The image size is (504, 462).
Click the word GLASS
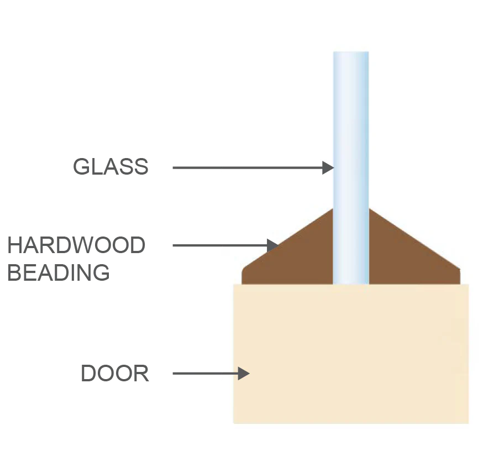pos(111,166)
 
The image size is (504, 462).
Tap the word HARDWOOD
pos(76,245)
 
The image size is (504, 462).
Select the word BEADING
pos(59,272)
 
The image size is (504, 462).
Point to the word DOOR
pos(115,373)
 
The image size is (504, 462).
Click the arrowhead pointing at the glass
pos(328,167)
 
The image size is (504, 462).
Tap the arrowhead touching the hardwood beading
pos(272,245)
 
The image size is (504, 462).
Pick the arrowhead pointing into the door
pos(244,373)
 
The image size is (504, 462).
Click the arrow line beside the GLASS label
pos(248,167)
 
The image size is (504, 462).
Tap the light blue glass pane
pos(351,167)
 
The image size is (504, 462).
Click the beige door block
pos(351,354)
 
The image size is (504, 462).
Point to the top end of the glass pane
pos(351,52)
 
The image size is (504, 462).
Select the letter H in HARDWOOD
pos(14,245)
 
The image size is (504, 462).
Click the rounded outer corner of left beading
pos(243,270)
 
